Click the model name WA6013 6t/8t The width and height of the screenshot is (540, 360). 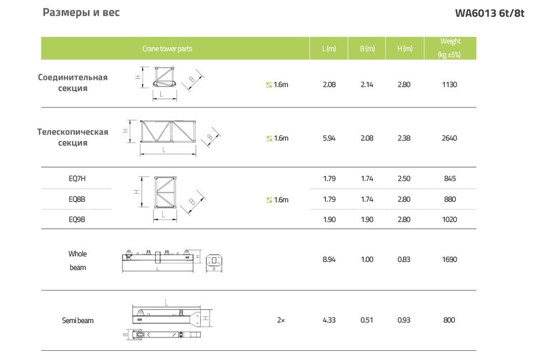tap(489, 13)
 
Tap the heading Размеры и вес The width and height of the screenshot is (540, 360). tap(82, 12)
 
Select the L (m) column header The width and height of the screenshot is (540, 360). tap(329, 49)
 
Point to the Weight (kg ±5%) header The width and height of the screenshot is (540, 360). tap(450, 48)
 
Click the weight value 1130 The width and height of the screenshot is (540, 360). tap(449, 84)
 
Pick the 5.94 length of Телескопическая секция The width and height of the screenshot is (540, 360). tap(329, 138)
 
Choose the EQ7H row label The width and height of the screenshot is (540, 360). tap(77, 178)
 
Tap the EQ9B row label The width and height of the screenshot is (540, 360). tap(77, 219)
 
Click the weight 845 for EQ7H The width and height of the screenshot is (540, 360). tap(450, 178)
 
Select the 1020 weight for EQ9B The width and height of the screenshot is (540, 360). tap(449, 219)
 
